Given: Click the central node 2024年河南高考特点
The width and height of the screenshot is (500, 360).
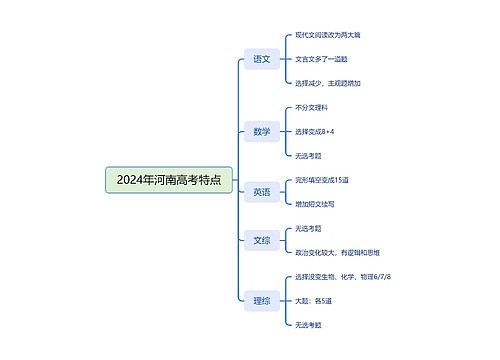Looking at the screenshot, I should (169, 180).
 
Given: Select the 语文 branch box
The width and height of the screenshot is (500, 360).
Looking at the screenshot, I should (261, 60).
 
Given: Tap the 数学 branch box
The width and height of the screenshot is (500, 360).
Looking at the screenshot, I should (261, 131).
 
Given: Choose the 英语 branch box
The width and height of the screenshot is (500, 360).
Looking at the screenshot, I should (261, 191).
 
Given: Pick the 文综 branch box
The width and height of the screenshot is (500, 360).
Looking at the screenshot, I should (261, 239).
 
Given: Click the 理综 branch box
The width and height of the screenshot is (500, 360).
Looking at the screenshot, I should (261, 298).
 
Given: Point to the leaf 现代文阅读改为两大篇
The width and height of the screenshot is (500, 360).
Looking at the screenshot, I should (328, 35).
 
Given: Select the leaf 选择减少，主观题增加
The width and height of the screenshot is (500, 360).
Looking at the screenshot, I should (329, 83).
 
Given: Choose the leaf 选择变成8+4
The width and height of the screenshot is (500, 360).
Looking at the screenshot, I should (314, 131).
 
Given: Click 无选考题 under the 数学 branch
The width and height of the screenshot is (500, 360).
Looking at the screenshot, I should (308, 155).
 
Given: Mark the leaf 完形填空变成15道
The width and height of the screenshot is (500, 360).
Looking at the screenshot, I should (321, 180).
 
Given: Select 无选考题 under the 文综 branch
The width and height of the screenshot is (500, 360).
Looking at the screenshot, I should (308, 228).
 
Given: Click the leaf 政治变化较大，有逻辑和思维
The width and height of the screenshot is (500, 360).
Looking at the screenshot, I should (338, 251).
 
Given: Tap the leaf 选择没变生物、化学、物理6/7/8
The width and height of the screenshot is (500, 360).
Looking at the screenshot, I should (343, 276).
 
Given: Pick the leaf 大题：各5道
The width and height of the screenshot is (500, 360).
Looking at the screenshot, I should (314, 300).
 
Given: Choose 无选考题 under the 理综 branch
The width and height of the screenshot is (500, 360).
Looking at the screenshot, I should (308, 324).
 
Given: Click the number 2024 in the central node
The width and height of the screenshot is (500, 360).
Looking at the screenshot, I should (129, 180).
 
